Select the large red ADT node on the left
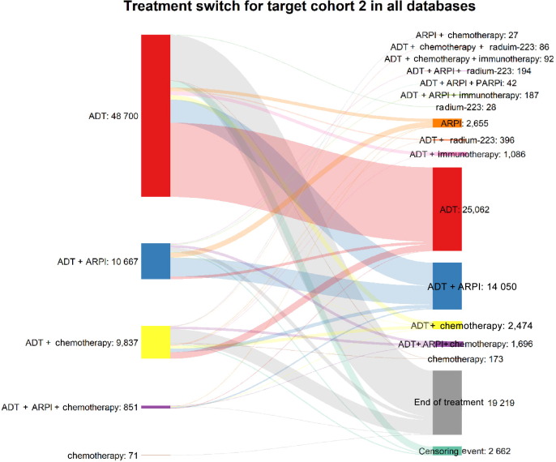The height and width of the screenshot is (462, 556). pos(155,115)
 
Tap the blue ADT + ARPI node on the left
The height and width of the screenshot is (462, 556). pos(155,261)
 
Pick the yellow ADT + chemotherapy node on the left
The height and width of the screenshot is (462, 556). pos(155,341)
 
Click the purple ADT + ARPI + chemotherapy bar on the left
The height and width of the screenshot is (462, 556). pos(155,406)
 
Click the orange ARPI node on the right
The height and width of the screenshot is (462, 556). pos(447,123)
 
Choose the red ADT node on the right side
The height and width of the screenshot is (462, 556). pos(447,209)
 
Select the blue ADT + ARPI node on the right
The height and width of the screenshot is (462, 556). pos(447,286)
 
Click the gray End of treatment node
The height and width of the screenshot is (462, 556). pos(447,403)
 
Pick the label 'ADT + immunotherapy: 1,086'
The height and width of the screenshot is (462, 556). pos(478,154)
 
